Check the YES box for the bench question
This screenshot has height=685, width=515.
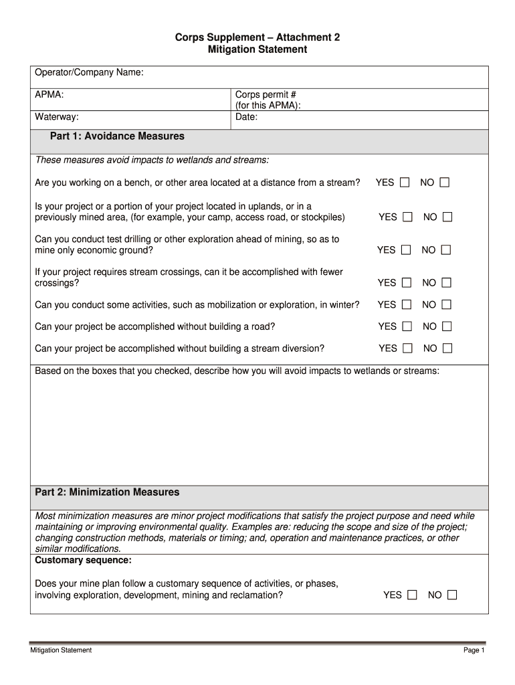pos(405,183)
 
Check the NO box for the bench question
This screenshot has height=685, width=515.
pos(445,183)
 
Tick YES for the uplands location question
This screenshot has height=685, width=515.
pos(407,217)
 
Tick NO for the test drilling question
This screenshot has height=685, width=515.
pos(446,250)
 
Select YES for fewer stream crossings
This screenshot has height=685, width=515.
pos(407,283)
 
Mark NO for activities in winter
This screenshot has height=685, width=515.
pos(446,305)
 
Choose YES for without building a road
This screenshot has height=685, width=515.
pos(407,326)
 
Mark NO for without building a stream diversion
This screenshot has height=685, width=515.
pos(447,349)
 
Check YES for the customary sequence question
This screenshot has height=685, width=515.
pos(412,595)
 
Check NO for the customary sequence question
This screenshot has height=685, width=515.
pos(453,595)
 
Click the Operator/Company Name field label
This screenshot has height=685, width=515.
pos(89,72)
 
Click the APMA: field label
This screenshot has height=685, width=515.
pos(49,95)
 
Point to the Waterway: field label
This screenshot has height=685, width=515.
pos(57,117)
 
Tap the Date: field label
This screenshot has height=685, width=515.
pos(246,117)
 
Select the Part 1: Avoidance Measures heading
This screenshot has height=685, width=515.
pos(117,136)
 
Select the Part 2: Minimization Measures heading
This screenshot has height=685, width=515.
pos(107,492)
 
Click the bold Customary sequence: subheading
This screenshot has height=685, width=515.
pos(83,559)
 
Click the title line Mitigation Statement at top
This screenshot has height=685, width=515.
pos(257,50)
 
